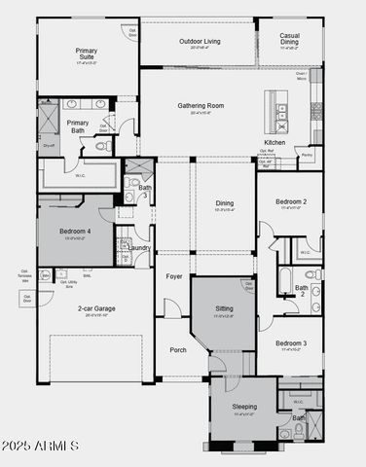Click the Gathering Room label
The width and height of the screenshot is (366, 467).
click(201, 105)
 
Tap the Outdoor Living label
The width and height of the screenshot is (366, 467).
click(199, 41)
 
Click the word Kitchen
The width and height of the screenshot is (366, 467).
click(274, 142)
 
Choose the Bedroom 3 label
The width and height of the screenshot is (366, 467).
click(291, 343)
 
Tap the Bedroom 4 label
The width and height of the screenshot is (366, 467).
click(75, 231)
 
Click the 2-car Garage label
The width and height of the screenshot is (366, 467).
click(97, 308)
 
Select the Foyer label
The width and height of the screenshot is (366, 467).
click(174, 276)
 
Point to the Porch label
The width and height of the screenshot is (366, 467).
click(177, 350)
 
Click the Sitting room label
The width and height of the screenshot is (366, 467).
click(224, 308)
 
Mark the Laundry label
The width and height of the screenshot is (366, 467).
click(138, 247)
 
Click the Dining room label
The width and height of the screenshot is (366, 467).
click(225, 203)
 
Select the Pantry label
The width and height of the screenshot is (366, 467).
click(307, 155)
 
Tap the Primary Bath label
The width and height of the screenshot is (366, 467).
click(78, 126)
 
